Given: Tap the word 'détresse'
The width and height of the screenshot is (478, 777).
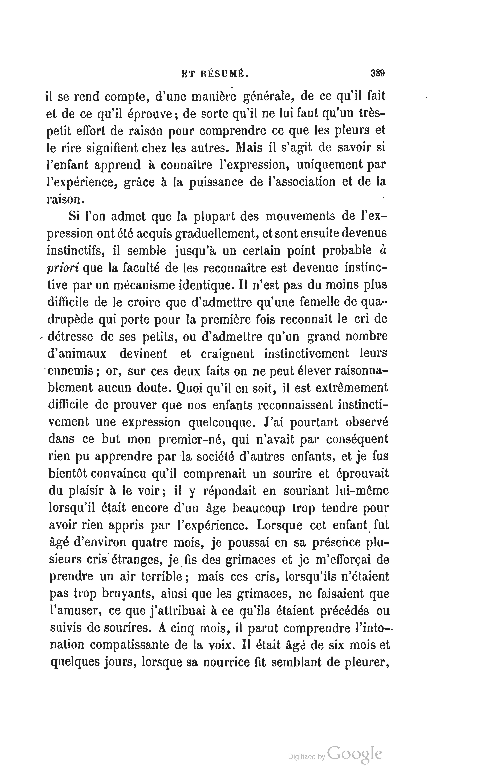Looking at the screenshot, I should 70,336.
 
